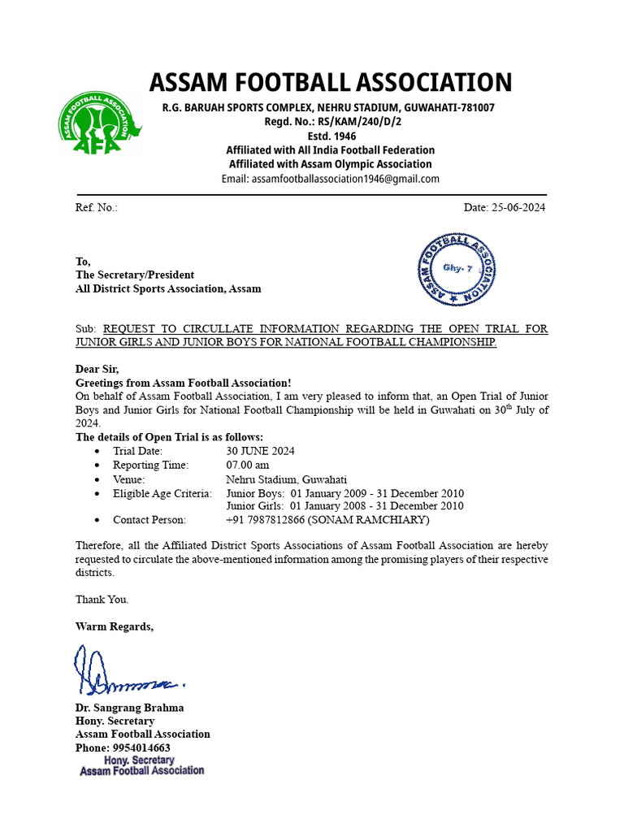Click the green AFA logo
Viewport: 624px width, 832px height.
click(98, 123)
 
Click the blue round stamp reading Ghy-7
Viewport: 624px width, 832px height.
click(457, 268)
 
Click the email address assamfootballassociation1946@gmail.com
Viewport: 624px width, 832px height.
click(330, 179)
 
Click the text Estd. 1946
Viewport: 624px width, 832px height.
click(330, 136)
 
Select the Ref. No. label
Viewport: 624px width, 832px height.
click(97, 207)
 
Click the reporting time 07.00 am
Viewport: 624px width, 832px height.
click(248, 465)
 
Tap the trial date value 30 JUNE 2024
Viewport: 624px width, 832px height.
click(260, 451)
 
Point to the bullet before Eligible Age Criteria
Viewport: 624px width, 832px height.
click(98, 493)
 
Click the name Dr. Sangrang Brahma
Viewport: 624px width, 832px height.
click(129, 707)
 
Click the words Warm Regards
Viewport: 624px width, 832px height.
click(114, 626)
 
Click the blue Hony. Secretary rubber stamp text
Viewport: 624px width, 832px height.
click(141, 765)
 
